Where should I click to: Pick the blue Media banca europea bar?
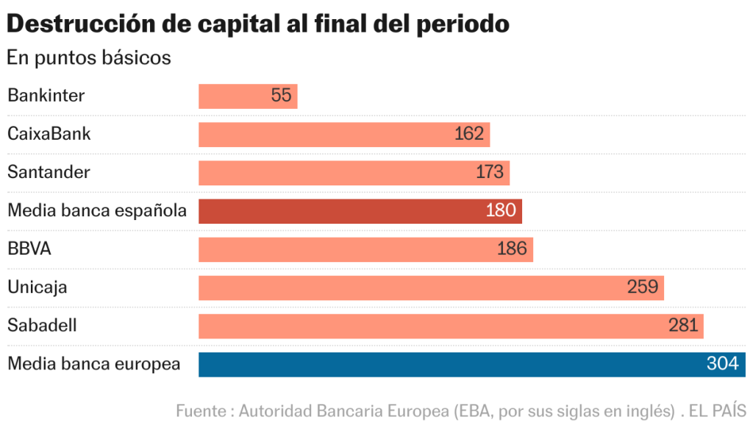(471, 364)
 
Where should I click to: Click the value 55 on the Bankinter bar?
(281, 96)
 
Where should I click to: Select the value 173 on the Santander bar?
(490, 172)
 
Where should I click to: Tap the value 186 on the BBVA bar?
(512, 249)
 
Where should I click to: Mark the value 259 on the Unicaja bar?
(643, 287)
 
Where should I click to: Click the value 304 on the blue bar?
(722, 364)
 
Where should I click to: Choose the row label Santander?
(49, 172)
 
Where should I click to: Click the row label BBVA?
(29, 249)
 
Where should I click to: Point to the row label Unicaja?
(38, 287)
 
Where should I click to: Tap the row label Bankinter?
(46, 96)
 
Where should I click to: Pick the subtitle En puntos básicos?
(89, 57)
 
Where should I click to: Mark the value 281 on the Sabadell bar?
(683, 326)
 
